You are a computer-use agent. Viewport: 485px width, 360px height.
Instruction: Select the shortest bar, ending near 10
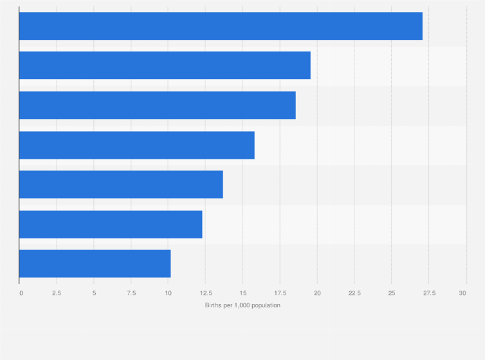tap(95, 264)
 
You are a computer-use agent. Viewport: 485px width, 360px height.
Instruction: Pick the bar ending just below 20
tap(165, 66)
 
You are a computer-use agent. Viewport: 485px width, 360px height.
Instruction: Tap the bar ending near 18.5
tap(158, 105)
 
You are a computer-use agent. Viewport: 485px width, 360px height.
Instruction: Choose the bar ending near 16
tap(137, 145)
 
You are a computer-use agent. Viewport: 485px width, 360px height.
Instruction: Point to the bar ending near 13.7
tap(121, 184)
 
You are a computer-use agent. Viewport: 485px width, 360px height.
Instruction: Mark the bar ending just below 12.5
tap(111, 224)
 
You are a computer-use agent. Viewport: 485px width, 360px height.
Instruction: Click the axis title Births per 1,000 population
tap(243, 305)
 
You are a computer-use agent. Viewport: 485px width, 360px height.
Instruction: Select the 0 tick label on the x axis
tap(21, 293)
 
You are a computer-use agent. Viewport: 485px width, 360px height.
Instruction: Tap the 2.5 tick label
tap(57, 293)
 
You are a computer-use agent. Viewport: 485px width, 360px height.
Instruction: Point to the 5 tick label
tap(94, 293)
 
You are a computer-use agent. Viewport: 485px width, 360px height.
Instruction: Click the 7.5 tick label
tap(131, 293)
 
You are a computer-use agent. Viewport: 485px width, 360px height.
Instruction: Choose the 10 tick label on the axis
tap(168, 293)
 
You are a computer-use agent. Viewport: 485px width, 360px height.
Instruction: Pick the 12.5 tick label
tap(205, 293)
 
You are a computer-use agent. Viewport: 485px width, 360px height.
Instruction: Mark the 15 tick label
tap(243, 293)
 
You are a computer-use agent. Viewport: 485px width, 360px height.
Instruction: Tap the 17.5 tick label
tap(280, 293)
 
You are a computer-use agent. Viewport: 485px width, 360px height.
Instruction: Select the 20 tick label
tap(317, 293)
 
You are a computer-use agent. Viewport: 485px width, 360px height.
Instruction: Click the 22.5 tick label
tap(354, 293)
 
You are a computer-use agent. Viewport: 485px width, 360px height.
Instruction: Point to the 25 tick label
tap(391, 293)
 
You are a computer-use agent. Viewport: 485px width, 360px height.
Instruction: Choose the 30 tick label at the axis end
tap(462, 293)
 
